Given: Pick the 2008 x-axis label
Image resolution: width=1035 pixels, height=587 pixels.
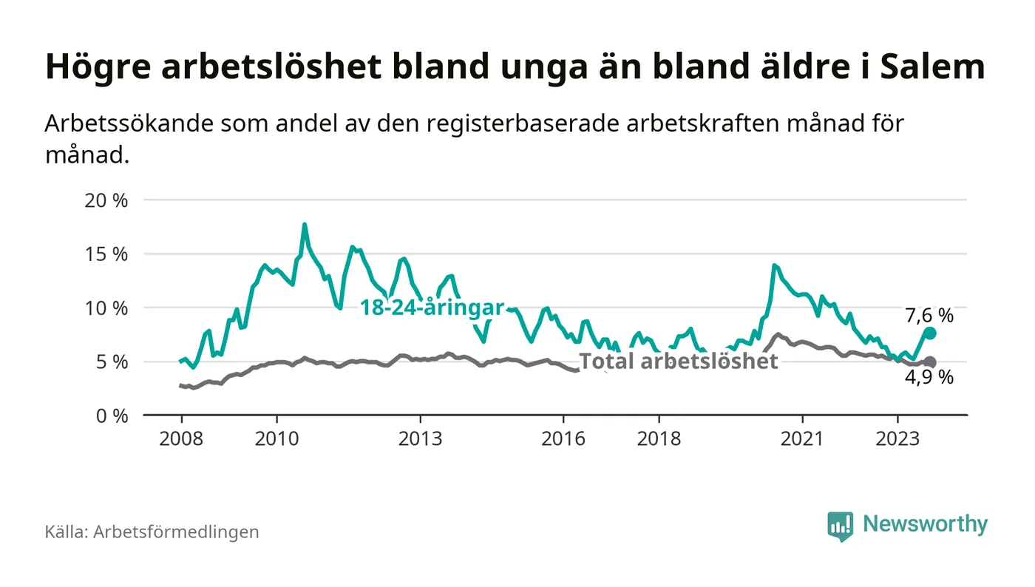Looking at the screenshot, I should (x=181, y=439).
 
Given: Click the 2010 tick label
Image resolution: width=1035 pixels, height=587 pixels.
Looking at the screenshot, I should (x=276, y=439).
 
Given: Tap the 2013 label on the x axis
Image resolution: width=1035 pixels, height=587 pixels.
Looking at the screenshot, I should (x=420, y=439).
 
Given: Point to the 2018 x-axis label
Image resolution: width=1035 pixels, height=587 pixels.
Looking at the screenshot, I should (x=659, y=439).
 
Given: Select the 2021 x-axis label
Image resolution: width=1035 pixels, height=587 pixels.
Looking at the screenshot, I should (x=802, y=439).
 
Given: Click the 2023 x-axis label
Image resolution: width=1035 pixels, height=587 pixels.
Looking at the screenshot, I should (x=897, y=439).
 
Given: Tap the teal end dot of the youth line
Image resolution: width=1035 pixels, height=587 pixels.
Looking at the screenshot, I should (x=930, y=333).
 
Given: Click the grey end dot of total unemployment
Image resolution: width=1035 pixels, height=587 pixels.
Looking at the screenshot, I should (x=930, y=362).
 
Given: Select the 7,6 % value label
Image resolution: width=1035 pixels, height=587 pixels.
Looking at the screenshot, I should (x=929, y=316).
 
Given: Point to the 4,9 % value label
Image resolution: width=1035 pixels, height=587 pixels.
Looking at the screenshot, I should (x=929, y=378).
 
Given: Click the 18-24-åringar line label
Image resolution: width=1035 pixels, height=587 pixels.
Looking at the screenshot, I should (x=432, y=308).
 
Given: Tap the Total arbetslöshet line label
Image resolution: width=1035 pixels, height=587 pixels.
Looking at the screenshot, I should (x=678, y=361).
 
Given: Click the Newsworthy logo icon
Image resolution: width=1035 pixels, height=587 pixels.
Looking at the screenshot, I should (x=840, y=526).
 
